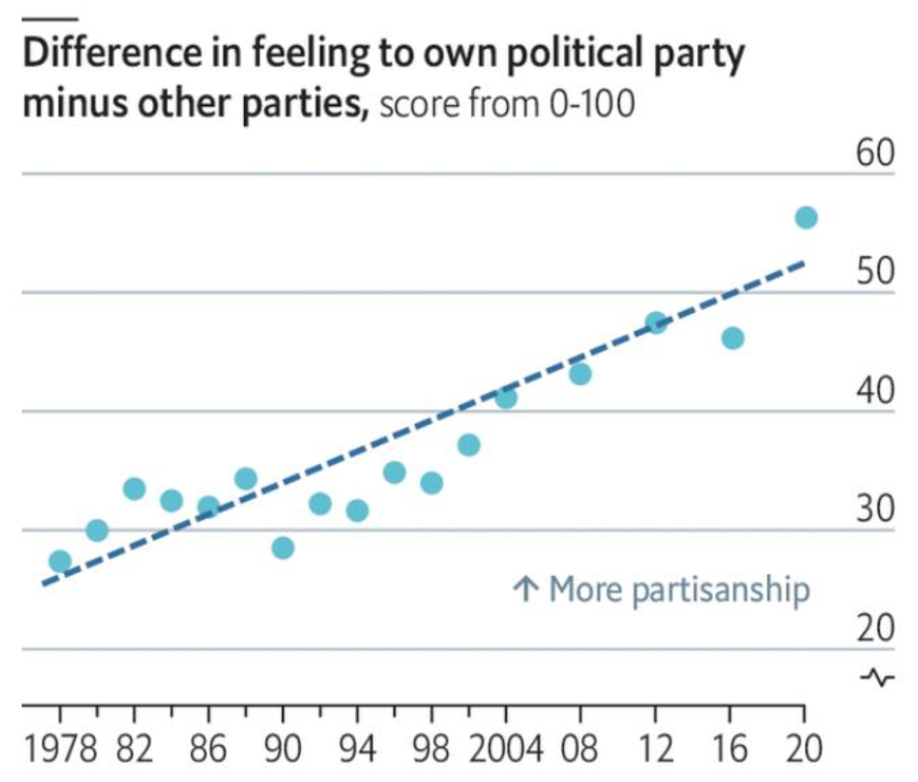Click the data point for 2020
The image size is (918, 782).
(806, 217)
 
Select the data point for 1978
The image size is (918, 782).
(60, 560)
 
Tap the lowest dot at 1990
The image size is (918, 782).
(283, 548)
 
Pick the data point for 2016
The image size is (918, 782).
(732, 339)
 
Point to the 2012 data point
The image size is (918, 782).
(656, 323)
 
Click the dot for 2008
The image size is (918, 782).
(580, 374)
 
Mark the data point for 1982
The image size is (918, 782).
(134, 489)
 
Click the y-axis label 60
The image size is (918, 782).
(875, 153)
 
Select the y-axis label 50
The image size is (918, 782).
(875, 271)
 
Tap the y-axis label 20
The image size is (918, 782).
(875, 628)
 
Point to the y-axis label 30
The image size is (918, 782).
(875, 509)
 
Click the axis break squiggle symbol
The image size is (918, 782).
(877, 677)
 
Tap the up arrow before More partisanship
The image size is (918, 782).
(525, 589)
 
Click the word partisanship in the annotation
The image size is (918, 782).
(721, 590)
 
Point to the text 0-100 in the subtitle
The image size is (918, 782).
(592, 105)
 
